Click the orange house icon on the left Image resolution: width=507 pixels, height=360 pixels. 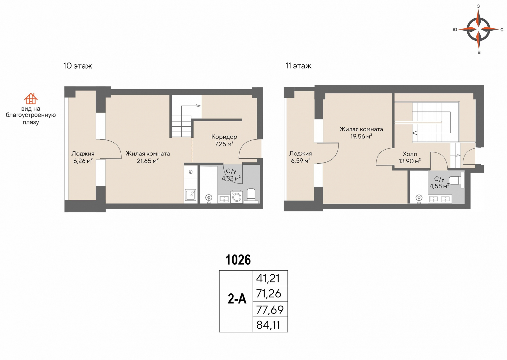tap(31, 99)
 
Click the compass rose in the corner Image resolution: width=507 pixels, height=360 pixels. tap(478, 29)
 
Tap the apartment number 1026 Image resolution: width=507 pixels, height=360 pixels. tap(238, 260)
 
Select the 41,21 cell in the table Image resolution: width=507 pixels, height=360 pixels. tap(270, 278)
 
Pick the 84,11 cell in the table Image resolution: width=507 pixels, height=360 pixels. tap(270, 325)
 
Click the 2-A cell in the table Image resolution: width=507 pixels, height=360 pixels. tap(236, 301)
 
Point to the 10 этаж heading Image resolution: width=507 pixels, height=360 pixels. tap(78, 66)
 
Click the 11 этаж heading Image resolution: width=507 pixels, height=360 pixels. tap(298, 66)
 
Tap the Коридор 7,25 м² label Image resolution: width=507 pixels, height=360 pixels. tap(224, 140)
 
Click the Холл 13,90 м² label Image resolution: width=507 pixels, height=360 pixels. tap(410, 157)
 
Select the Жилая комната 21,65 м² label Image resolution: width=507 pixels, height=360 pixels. tap(148, 157)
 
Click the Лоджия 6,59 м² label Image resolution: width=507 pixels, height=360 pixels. tap(301, 157)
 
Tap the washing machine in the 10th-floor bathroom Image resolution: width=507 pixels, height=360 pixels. tap(237, 197)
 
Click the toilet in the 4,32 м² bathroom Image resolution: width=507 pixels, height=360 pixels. tap(251, 196)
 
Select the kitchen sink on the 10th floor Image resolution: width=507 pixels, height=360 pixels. tap(191, 195)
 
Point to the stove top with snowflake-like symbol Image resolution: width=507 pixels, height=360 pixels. tap(191, 172)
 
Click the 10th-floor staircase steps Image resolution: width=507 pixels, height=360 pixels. tap(182, 126)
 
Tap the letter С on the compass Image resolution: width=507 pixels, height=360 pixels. tap(502, 30)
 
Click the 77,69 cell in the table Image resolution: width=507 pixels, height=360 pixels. tap(270, 309)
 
